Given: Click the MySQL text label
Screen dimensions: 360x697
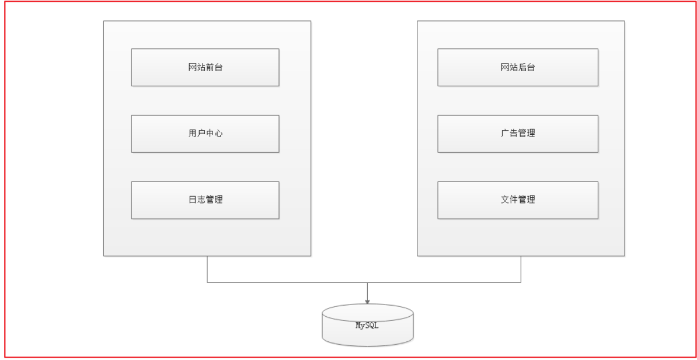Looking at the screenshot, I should coord(368,326).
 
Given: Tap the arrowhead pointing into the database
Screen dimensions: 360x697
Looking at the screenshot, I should coord(368,301).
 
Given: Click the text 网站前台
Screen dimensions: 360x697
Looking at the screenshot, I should coord(205,67).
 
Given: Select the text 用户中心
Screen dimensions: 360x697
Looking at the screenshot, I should coord(205,133).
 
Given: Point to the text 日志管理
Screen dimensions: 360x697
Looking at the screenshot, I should coord(205,200).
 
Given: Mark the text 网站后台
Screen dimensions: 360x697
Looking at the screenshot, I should coord(518,67).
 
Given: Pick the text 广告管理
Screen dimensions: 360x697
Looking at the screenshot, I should coord(518,133).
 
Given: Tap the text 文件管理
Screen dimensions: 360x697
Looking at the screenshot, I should coord(518,200).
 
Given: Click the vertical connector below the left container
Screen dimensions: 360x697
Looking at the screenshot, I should coord(207,269).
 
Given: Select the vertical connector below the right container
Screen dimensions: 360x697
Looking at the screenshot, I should coord(521,269).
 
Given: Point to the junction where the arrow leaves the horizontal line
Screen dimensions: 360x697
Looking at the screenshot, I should coord(368,282).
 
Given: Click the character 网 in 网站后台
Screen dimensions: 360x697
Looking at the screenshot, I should coord(505,67).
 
